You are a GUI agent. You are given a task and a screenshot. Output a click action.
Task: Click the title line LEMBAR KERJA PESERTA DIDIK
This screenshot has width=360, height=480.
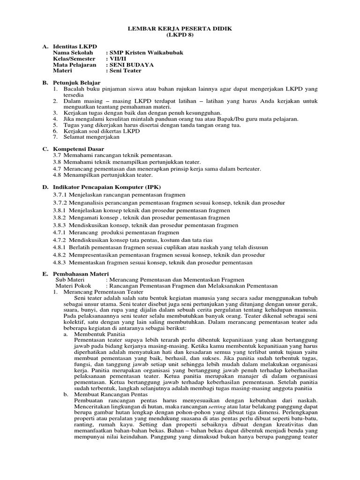pyautogui.click(x=180, y=29)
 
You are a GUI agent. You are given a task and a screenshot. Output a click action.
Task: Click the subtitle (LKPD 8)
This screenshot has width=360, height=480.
pyautogui.click(x=180, y=35)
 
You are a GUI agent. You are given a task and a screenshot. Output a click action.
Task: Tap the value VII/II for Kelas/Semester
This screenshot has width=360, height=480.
pyautogui.click(x=116, y=59)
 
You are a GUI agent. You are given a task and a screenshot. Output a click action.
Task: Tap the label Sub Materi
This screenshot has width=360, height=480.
pyautogui.click(x=71, y=279)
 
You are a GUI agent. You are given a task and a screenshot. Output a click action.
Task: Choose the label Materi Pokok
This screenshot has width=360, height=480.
pyautogui.click(x=74, y=285)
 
